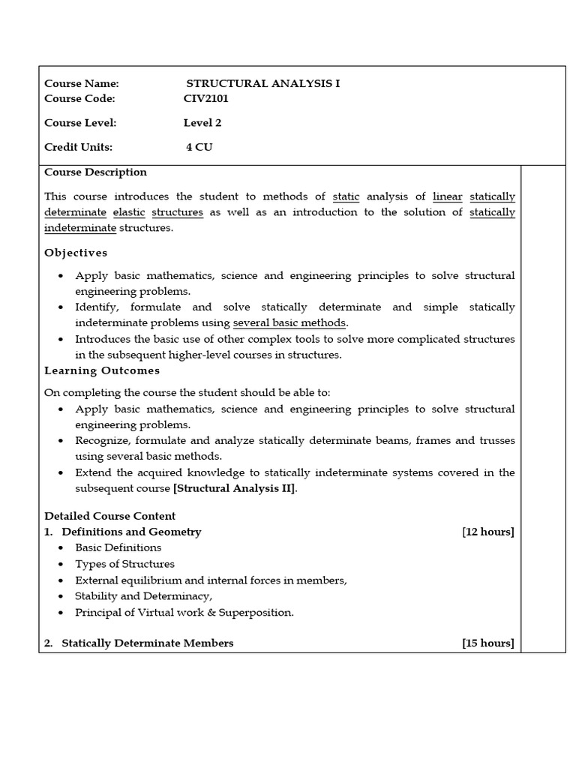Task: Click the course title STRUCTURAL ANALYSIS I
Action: coord(262,83)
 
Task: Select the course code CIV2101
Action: coord(206,98)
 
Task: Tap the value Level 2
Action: coord(202,123)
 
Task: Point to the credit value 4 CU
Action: coord(199,147)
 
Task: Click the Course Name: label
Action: coord(82,83)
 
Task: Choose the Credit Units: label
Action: coord(79,147)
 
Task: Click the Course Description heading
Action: coord(95,172)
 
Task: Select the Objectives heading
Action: coord(76,253)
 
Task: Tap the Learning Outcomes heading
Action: coord(102,370)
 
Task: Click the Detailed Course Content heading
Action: coord(109,516)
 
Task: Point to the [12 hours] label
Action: coord(488,532)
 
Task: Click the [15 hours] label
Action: coord(488,643)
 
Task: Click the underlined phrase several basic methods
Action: coord(289,322)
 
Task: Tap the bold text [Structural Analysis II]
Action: coord(235,488)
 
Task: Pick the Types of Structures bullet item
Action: coord(124,564)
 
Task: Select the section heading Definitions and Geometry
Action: coord(131,532)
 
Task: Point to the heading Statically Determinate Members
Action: coord(147,643)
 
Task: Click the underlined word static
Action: coord(346,196)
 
